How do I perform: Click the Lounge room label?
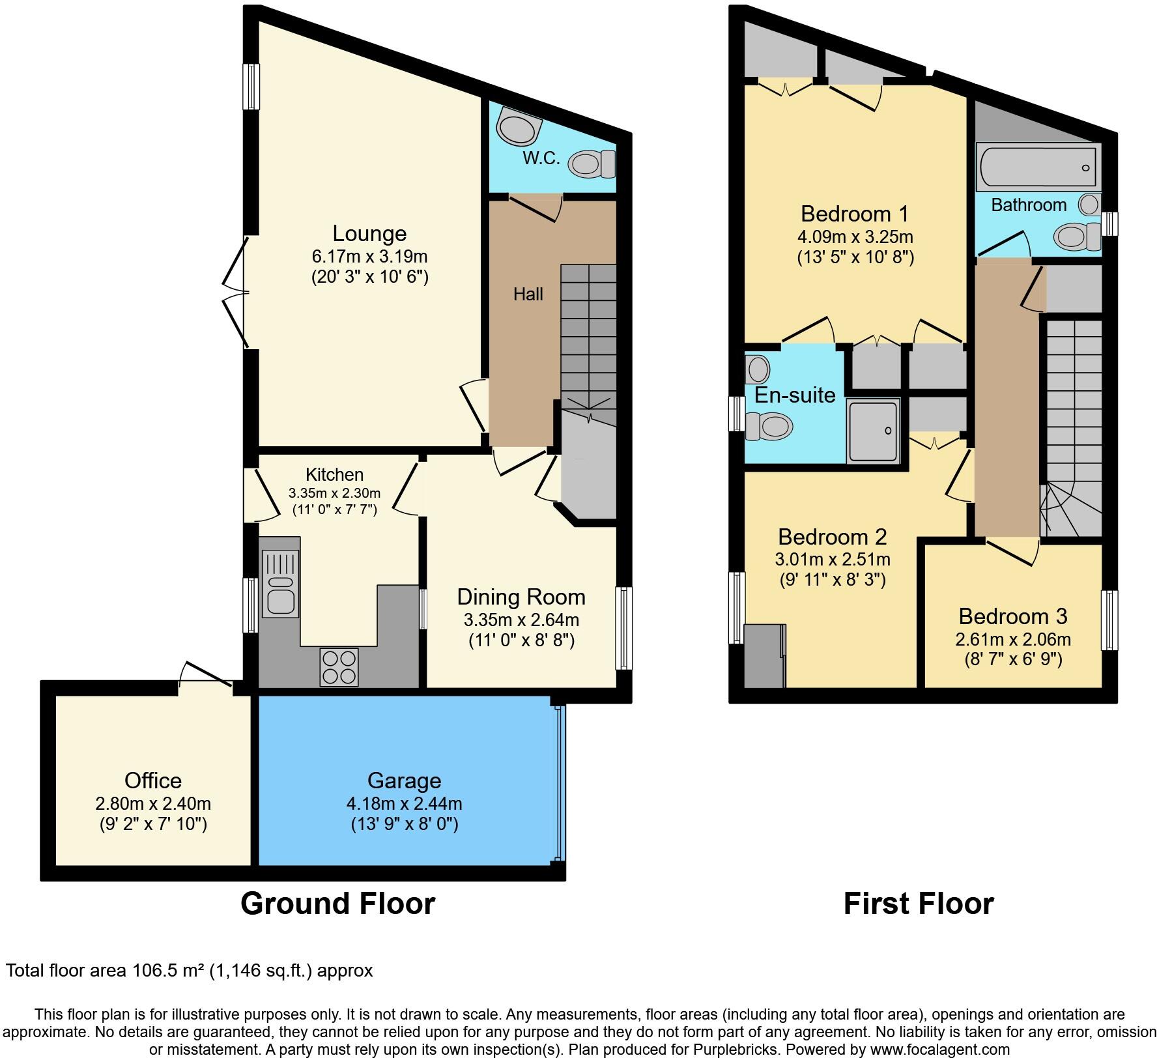pyautogui.click(x=369, y=233)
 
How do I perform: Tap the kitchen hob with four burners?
pyautogui.click(x=339, y=667)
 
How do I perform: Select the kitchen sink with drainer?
pyautogui.click(x=280, y=584)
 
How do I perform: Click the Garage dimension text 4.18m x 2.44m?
pyautogui.click(x=404, y=803)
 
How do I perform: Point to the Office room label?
pyautogui.click(x=153, y=780)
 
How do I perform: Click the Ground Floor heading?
pyautogui.click(x=337, y=904)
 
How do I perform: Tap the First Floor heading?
pyautogui.click(x=919, y=904)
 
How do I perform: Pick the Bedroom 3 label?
pyautogui.click(x=1013, y=616)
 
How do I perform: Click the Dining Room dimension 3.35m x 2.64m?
pyautogui.click(x=521, y=619)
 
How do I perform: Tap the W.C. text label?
pyautogui.click(x=541, y=158)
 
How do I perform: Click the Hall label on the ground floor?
pyautogui.click(x=528, y=294)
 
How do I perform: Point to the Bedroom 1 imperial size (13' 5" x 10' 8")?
pyautogui.click(x=855, y=257)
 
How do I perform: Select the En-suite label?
pyautogui.click(x=795, y=395)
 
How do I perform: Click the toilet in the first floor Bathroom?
pyautogui.click(x=1076, y=236)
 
